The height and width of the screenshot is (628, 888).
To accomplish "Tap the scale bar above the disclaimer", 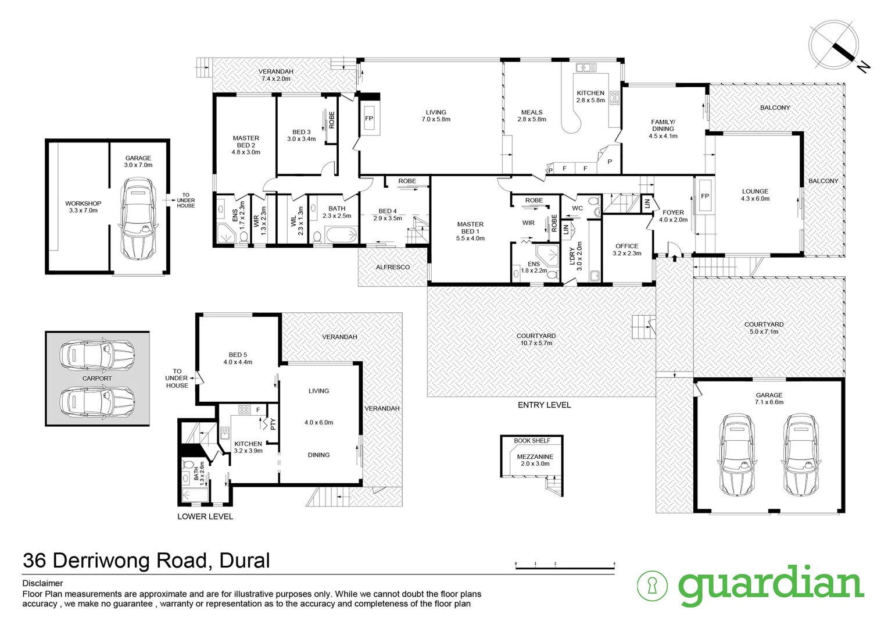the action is (x=565, y=566).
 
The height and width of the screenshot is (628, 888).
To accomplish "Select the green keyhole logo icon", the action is (x=652, y=586).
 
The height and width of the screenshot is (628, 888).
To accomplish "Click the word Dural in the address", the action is (x=245, y=560).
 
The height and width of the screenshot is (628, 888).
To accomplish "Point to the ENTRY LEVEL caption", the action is (x=545, y=405).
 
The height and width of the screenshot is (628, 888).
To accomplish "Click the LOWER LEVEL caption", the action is (x=205, y=516).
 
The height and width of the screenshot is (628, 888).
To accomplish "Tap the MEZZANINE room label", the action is (x=535, y=456).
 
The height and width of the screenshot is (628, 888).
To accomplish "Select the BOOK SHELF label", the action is (x=532, y=440).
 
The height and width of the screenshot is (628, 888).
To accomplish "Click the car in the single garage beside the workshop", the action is (x=138, y=218).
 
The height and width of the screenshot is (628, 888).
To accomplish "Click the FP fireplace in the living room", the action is (x=369, y=118).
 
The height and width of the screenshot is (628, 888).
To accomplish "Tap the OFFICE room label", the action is (x=626, y=246).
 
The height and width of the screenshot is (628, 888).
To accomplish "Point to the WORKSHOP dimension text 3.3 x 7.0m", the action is (x=83, y=210).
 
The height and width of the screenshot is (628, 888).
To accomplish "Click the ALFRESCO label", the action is (x=393, y=267).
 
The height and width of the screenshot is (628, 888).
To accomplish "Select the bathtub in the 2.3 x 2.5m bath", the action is (x=341, y=235).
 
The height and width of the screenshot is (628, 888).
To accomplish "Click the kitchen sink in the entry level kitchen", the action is (x=586, y=67).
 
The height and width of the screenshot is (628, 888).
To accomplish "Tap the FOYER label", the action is (x=673, y=213).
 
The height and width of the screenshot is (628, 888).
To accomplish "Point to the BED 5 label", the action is (x=238, y=355).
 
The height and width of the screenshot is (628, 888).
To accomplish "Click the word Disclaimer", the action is (x=42, y=583).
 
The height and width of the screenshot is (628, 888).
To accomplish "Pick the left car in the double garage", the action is (x=736, y=455).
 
